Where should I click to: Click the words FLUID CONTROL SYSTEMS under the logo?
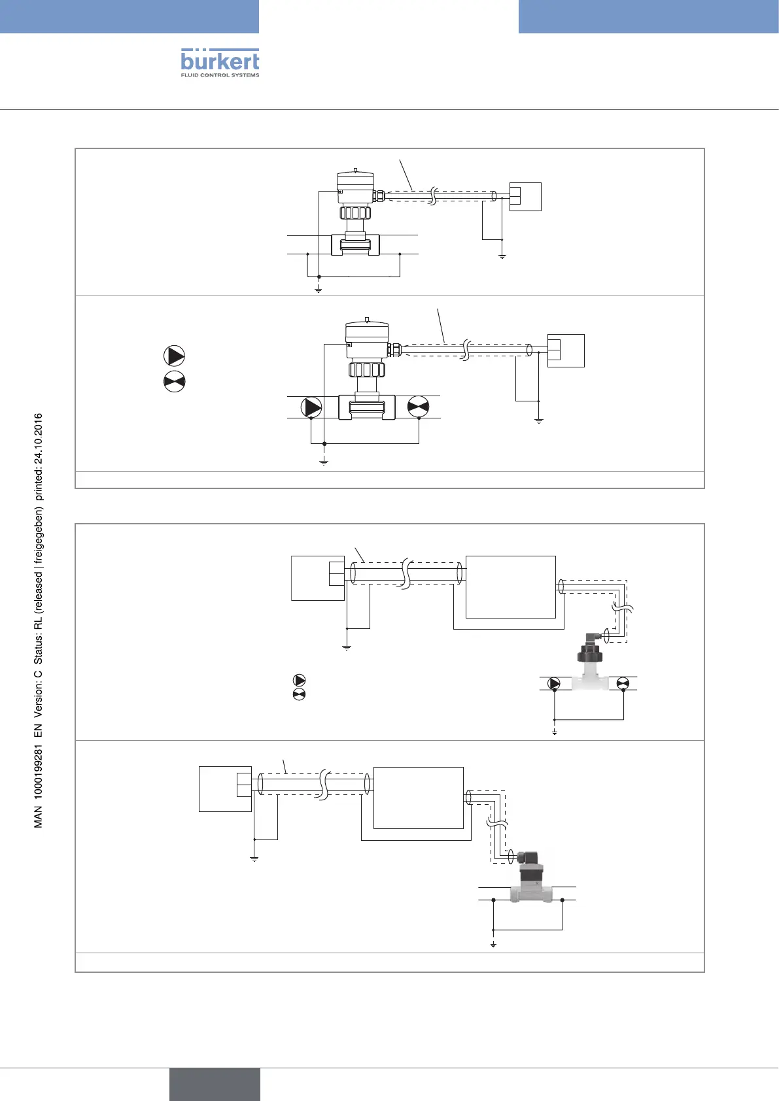point(220,75)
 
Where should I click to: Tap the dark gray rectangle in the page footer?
point(215,1084)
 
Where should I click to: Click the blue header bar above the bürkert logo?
point(129,16)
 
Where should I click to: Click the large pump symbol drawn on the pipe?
point(312,407)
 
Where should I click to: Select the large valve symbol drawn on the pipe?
point(418,407)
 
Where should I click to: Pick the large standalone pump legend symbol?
point(174,356)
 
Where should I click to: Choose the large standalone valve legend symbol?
point(174,381)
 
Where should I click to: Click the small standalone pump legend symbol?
point(299,680)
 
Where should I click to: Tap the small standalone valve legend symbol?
point(299,694)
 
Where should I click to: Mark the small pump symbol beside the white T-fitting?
point(554,684)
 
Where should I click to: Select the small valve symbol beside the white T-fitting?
point(623,684)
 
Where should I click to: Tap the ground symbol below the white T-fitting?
point(555,732)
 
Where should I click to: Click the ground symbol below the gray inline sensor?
point(494,945)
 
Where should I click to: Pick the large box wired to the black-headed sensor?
point(510,586)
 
